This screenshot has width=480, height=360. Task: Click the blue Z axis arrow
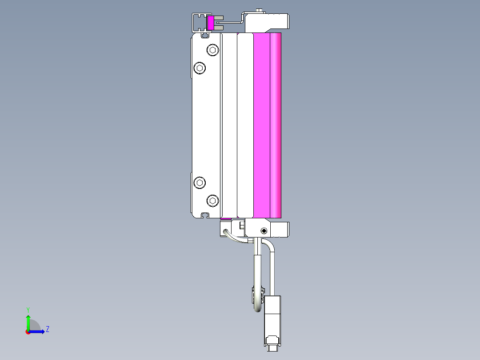[x=39, y=331]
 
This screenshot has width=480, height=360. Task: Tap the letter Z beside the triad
[x=47, y=329]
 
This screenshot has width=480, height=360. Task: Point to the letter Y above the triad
[x=28, y=309]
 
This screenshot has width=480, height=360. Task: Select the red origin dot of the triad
[x=28, y=331]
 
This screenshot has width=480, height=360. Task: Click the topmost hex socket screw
[x=213, y=50]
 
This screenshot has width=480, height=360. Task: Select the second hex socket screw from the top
[x=200, y=68]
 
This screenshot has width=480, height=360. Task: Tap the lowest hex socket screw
[x=213, y=201]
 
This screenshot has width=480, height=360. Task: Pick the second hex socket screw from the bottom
[x=200, y=183]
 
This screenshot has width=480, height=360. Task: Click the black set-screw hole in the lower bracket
[x=264, y=231]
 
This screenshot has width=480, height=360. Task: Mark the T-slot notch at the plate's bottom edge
[x=205, y=215]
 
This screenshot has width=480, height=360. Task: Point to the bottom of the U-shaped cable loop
[x=258, y=310]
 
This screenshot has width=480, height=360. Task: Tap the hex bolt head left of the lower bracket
[x=242, y=226]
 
